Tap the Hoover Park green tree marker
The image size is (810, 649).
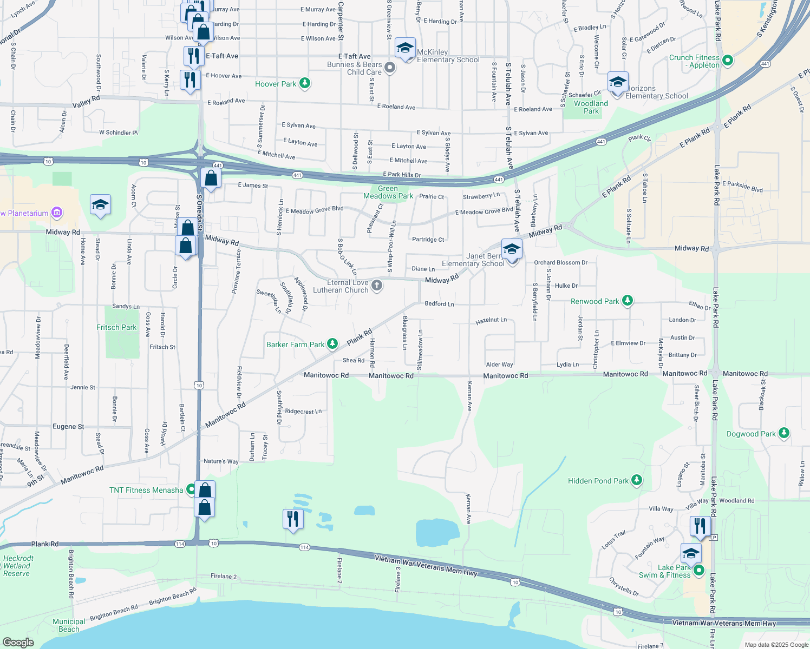pyautogui.click(x=305, y=83)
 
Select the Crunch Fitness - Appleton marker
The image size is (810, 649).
pyautogui.click(x=728, y=61)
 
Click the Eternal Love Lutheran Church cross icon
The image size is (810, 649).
pyautogui.click(x=377, y=286)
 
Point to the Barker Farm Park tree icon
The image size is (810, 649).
pyautogui.click(x=332, y=344)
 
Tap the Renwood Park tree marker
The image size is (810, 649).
pyautogui.click(x=627, y=301)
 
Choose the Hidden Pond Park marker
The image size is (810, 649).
pyautogui.click(x=637, y=480)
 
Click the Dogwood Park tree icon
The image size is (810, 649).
pyautogui.click(x=783, y=433)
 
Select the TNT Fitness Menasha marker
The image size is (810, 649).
pyautogui.click(x=191, y=489)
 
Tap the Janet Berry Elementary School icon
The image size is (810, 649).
pyautogui.click(x=512, y=250)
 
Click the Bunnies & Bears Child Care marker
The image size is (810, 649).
pyautogui.click(x=390, y=68)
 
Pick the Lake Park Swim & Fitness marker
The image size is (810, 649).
pyautogui.click(x=699, y=570)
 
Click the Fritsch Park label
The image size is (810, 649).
pyautogui.click(x=116, y=327)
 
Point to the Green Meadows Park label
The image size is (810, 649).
pyautogui.click(x=388, y=193)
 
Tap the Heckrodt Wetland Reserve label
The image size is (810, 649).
pyautogui.click(x=18, y=566)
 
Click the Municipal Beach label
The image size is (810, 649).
pyautogui.click(x=69, y=625)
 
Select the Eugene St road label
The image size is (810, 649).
pyautogui.click(x=68, y=427)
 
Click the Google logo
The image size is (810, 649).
pyautogui.click(x=18, y=642)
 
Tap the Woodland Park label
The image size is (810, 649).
pyautogui.click(x=591, y=107)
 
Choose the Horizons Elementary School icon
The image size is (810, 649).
pyautogui.click(x=618, y=83)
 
